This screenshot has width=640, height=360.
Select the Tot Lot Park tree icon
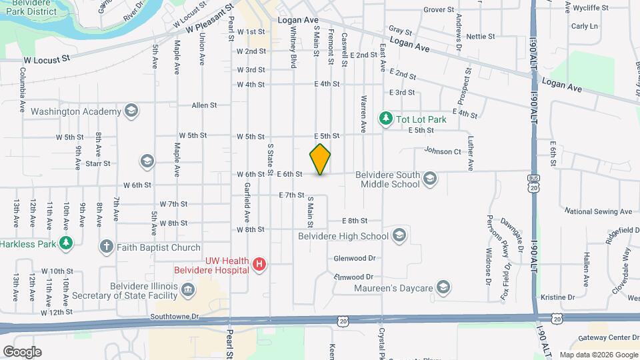pyautogui.click(x=385, y=119)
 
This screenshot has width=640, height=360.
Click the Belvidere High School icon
pyautogui.click(x=399, y=235)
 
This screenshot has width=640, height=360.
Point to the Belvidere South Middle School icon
pyautogui.click(x=430, y=179)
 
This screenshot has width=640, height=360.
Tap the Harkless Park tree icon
pyautogui.click(x=65, y=243)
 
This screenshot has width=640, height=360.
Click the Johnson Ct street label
pyautogui.click(x=443, y=151)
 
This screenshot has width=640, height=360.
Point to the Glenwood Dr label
pyautogui.click(x=354, y=258)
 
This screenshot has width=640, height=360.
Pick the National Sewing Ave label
pyautogui.click(x=597, y=211)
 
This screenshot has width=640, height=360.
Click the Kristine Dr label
pyautogui.click(x=558, y=297)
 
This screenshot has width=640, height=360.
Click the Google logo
pyautogui.click(x=22, y=351)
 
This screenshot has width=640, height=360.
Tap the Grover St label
pyautogui.click(x=438, y=10)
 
